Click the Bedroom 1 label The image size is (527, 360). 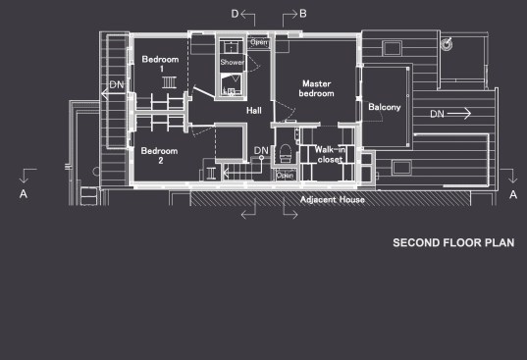tap(160, 64)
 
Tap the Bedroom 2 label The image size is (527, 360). tap(160, 156)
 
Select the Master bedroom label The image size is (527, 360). tap(317, 88)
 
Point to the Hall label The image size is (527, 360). tap(254, 111)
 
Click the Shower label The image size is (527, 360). tap(233, 62)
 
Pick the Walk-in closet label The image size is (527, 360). tap(330, 154)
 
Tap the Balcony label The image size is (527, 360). tap(385, 107)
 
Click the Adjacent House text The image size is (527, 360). tap(333, 200)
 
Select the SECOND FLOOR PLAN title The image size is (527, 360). tap(453, 243)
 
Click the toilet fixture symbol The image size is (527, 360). tap(286, 153)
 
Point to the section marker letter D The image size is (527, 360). tap(235, 14)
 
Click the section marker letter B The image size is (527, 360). tap(303, 14)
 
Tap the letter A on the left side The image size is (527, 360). tap(24, 194)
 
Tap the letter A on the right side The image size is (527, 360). tap(513, 194)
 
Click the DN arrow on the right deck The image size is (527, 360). tap(459, 114)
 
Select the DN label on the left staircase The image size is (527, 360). tap(117, 84)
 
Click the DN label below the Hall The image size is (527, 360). tap(261, 150)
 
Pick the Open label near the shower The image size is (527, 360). tap(259, 42)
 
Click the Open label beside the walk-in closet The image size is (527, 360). tap(285, 175)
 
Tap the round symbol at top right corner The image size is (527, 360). tap(447, 44)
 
